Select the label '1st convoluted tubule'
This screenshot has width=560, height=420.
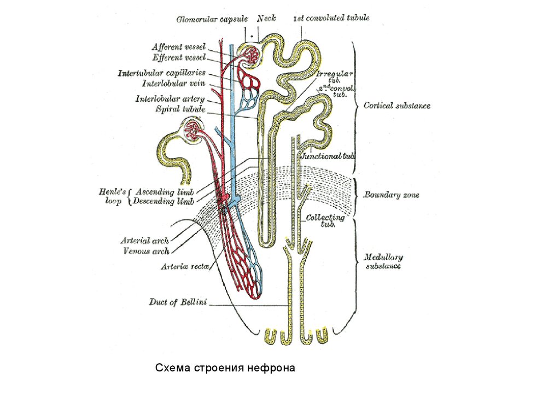coord(331,18)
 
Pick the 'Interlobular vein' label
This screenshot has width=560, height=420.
coord(173,84)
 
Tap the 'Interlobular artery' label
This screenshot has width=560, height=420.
coord(170,99)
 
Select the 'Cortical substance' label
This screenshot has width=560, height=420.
coord(397,106)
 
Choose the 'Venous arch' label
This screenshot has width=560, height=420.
coord(146,251)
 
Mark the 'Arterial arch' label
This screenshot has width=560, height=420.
coord(145,240)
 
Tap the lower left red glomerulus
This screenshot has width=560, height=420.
coord(192,130)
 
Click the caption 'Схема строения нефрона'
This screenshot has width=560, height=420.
coord(225,368)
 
